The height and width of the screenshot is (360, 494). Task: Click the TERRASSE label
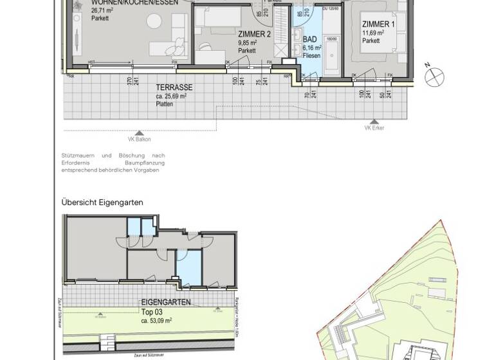pyautogui.click(x=174, y=87)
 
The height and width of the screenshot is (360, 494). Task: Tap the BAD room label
pyautogui.click(x=309, y=39)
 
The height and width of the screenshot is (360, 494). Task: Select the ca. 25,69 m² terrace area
pyautogui.click(x=171, y=96)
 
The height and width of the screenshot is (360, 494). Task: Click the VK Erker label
pyautogui.click(x=373, y=127)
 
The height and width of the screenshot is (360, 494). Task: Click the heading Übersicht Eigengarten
pyautogui.click(x=102, y=203)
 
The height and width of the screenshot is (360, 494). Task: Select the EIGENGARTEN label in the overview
pyautogui.click(x=166, y=302)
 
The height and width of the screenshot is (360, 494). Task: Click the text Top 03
pyautogui.click(x=152, y=311)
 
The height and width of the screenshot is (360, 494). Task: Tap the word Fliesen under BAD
pyautogui.click(x=312, y=55)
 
